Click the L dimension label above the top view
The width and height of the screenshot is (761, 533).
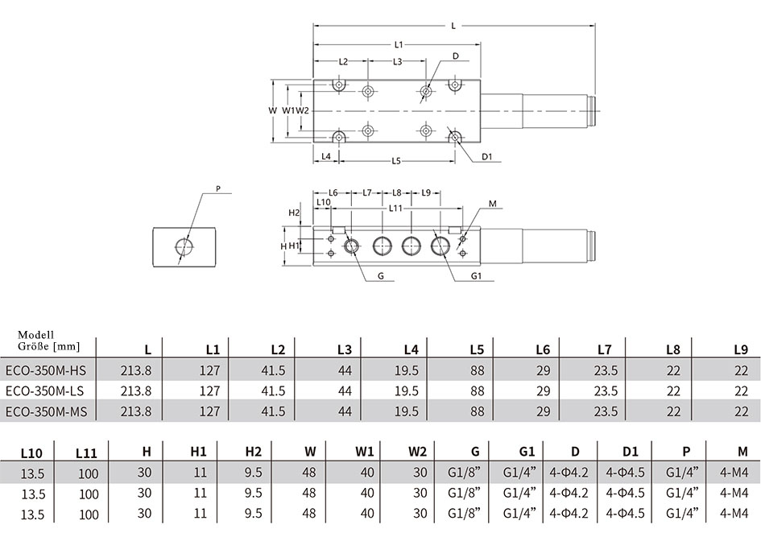coord(453,26)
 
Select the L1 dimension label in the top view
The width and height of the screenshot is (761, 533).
coord(399,44)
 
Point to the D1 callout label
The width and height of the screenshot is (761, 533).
coord(487,157)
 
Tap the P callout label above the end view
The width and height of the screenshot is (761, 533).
coord(218,188)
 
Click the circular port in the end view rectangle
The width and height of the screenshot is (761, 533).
coord(184,247)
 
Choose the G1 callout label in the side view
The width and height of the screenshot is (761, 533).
coord(476,276)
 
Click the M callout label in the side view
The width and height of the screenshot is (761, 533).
coord(493,204)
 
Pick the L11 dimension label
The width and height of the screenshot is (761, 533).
coord(396,208)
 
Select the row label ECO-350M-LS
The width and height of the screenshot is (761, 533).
coord(44,390)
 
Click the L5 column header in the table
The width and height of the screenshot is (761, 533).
coord(477,349)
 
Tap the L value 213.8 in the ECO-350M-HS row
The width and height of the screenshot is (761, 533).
coord(136,370)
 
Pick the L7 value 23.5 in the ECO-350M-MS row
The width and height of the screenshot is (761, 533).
coord(606,411)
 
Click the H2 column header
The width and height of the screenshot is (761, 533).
coord(254,452)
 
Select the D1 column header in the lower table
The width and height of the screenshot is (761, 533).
coord(630,452)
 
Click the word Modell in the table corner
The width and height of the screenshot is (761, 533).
coord(36,335)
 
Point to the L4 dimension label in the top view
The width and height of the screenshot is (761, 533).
coord(326,156)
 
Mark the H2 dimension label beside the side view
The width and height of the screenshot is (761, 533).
coord(294,213)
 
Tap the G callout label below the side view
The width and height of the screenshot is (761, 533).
coord(381,276)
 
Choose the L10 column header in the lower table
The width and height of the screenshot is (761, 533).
coord(31,453)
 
